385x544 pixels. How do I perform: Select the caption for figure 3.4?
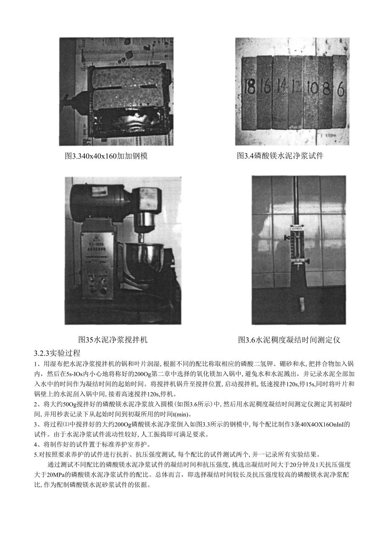click(x=280, y=156)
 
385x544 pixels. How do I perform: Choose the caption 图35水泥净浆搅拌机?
click(x=113, y=340)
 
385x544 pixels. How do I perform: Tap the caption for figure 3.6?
click(x=289, y=340)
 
